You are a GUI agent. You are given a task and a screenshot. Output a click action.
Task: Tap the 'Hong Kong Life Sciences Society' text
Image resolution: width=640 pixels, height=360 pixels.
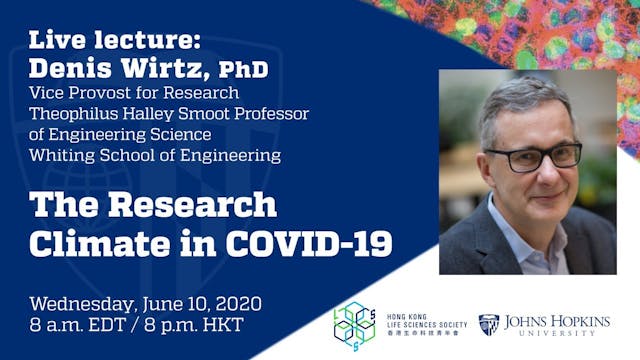coord(420,324)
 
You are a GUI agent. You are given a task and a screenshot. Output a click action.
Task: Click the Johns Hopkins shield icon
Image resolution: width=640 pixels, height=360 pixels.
coord(488,324)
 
